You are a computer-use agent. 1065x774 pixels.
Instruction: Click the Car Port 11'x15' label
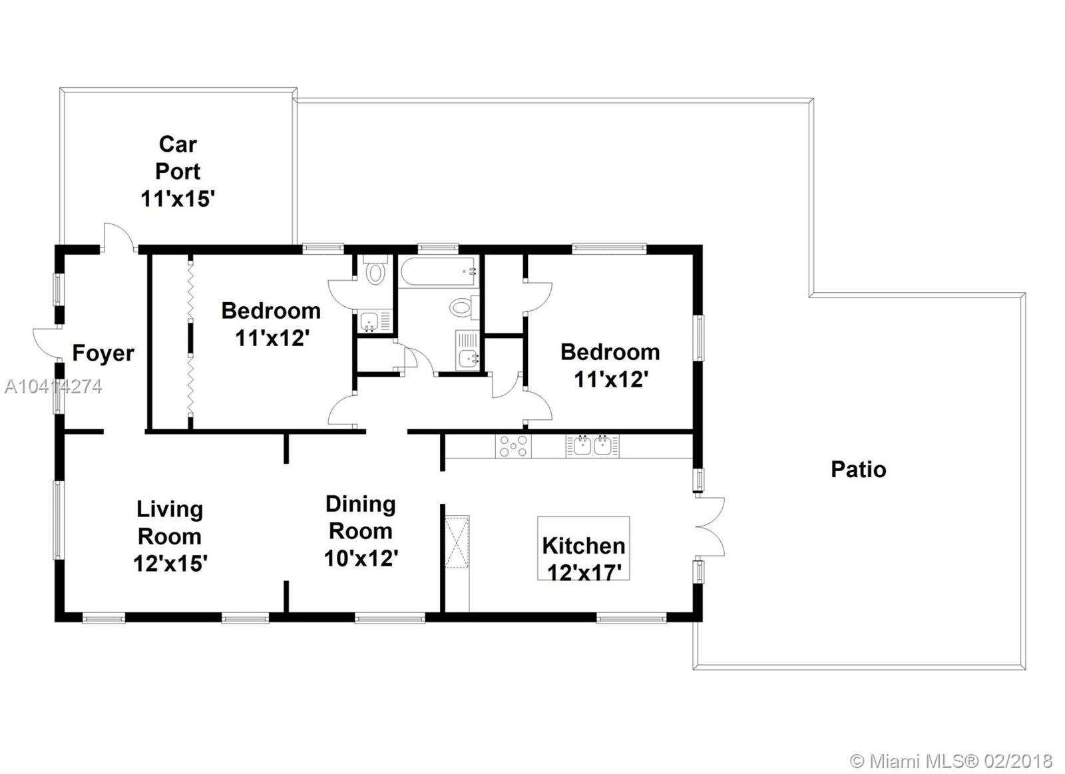178,171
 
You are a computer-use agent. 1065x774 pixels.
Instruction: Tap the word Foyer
103,353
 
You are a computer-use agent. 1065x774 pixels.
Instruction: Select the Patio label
859,470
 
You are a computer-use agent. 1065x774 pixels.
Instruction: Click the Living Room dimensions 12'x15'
170,564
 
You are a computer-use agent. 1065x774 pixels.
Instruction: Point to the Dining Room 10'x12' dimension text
361,558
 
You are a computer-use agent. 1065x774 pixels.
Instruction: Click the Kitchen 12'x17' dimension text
584,572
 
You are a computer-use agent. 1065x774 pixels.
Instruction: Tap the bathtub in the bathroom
437,272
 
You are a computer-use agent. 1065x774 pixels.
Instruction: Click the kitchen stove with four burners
513,446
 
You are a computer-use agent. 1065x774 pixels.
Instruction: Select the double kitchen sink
592,446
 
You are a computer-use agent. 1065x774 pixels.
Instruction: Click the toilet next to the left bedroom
375,270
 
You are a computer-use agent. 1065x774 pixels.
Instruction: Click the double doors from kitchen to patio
710,527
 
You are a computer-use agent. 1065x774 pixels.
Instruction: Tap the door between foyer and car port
118,237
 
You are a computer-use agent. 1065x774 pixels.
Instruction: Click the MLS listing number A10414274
53,387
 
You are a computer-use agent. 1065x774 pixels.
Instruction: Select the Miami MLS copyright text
951,761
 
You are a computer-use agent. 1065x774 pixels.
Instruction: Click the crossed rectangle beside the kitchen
457,542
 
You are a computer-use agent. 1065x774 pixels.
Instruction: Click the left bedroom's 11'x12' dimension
272,339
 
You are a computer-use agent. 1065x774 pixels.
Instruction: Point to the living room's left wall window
58,520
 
